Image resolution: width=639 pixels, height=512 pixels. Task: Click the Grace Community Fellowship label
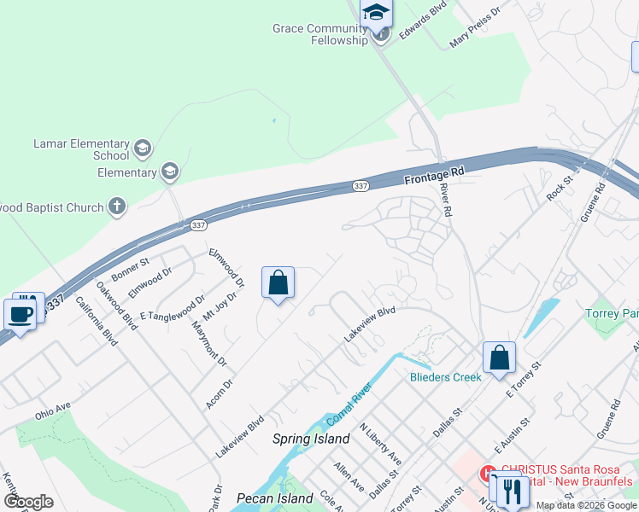(319, 34)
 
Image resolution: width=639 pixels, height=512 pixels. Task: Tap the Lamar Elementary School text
(81, 150)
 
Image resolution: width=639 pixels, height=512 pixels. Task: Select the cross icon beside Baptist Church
(117, 206)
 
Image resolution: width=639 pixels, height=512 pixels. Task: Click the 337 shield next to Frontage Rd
(361, 185)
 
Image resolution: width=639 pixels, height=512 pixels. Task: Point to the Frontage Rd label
(433, 176)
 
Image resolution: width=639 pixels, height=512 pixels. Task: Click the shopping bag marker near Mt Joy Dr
(278, 283)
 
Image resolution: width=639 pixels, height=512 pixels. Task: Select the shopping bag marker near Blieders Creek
(499, 358)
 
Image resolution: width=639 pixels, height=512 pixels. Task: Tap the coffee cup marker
(21, 313)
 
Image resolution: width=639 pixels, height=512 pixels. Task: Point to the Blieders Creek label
(446, 376)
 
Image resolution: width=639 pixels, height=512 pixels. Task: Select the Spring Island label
(311, 439)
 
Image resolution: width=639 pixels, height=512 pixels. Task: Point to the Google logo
(28, 502)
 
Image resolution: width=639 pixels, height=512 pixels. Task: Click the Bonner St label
(130, 268)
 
